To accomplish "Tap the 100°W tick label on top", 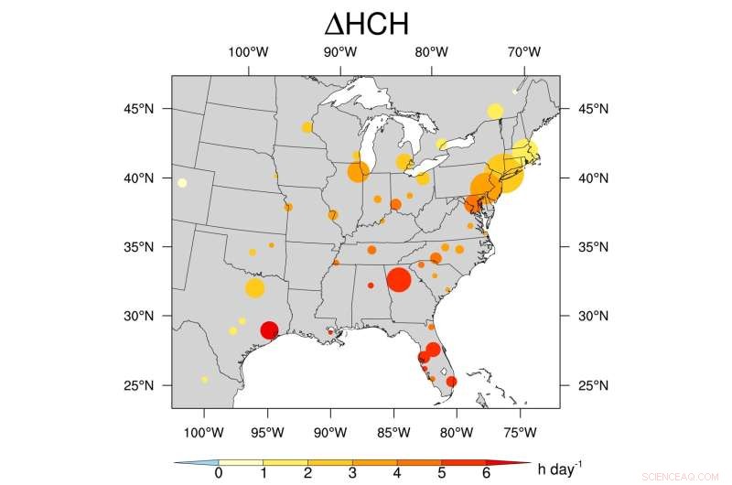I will point(246,51).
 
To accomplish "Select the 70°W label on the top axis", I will point(525,51).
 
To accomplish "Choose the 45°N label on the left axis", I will point(147,109).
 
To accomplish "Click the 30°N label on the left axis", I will point(147,317).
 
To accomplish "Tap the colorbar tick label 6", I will point(487,473).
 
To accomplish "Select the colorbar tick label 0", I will point(218,473).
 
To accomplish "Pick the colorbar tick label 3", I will point(352,473).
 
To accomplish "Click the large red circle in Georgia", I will point(398,279).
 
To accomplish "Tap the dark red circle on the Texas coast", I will point(269,330).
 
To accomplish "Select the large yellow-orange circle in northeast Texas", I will point(255,288).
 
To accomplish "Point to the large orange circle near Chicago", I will point(358,171).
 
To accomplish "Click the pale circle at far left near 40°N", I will point(182,183).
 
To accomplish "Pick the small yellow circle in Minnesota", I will point(307,127).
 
